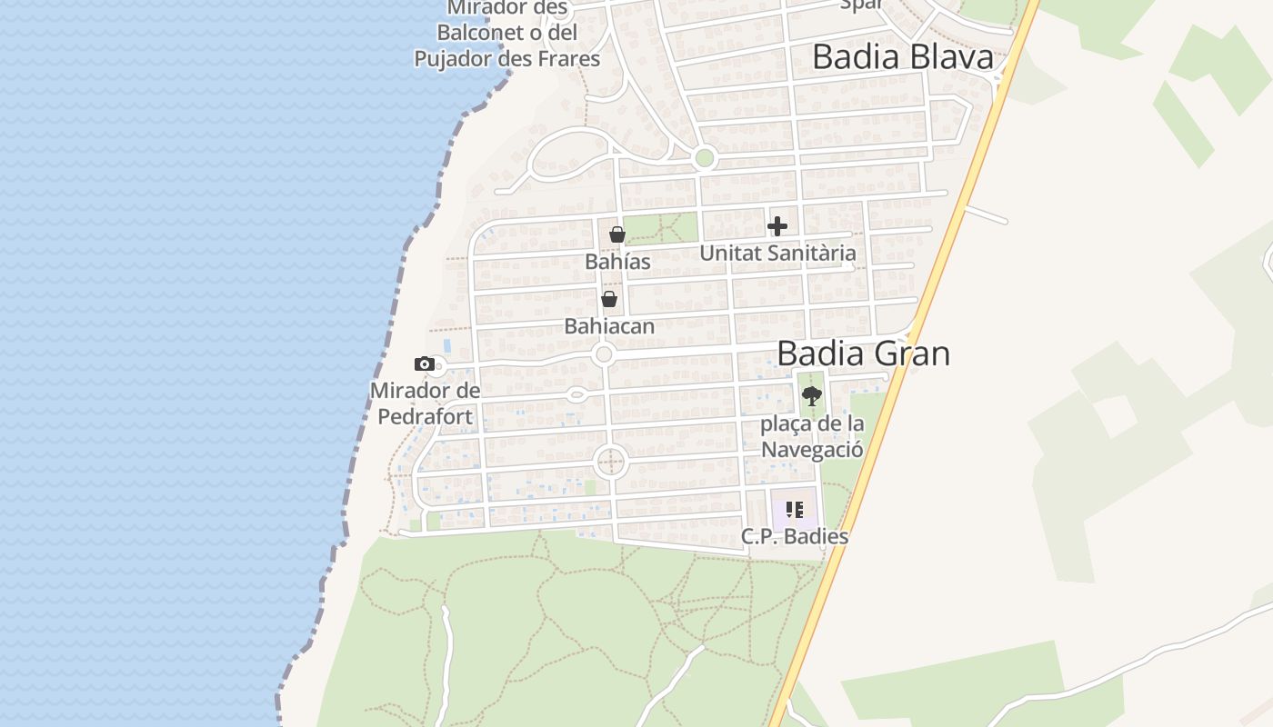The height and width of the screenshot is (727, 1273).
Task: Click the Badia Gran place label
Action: click(x=863, y=353)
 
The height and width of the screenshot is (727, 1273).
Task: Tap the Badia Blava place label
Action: click(x=902, y=56)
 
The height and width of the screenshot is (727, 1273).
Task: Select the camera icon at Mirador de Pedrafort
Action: click(x=424, y=364)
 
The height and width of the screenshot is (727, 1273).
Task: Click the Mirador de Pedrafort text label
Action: click(x=425, y=404)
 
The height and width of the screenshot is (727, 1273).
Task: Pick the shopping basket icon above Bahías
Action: click(x=616, y=234)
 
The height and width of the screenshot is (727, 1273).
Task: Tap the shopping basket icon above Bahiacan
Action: click(x=609, y=299)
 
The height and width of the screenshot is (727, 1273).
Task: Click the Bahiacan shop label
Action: click(x=609, y=325)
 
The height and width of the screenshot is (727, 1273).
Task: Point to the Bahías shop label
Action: click(x=617, y=262)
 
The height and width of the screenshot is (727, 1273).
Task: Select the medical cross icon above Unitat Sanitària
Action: click(x=777, y=226)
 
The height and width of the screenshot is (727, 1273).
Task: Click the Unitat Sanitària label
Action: click(x=777, y=253)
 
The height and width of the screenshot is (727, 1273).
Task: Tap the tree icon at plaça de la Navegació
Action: click(x=812, y=395)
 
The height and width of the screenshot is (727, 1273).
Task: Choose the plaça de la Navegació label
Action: click(x=812, y=436)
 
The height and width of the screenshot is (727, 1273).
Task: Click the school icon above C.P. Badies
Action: click(x=795, y=510)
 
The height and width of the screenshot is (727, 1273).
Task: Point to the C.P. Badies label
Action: click(x=795, y=536)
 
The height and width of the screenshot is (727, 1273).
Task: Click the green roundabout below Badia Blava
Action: click(x=704, y=158)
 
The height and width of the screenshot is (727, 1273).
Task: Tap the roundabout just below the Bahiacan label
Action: click(x=603, y=354)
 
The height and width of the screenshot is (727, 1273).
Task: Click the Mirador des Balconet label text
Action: click(x=506, y=33)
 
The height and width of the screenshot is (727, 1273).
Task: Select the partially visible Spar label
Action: click(x=860, y=5)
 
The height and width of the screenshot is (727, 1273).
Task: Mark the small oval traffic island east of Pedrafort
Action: click(x=576, y=394)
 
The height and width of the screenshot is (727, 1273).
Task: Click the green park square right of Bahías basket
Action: click(x=661, y=228)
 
